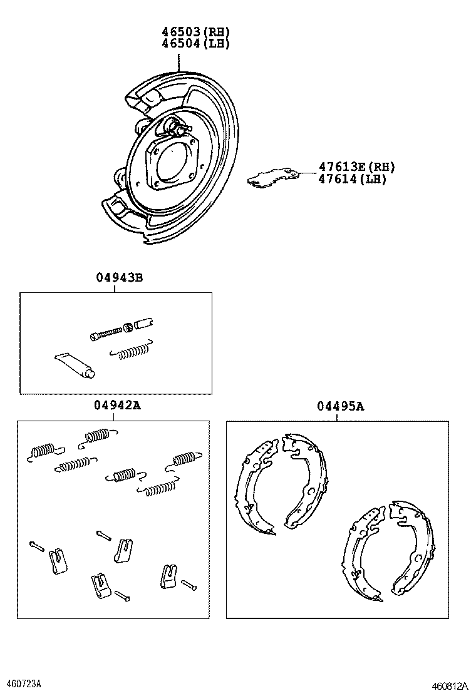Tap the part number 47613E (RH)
click(357, 166)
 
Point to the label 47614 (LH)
click(352, 179)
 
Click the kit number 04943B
click(119, 277)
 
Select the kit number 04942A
click(118, 406)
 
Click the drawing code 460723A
click(23, 682)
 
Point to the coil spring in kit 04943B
click(131, 352)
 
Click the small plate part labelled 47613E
click(272, 177)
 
